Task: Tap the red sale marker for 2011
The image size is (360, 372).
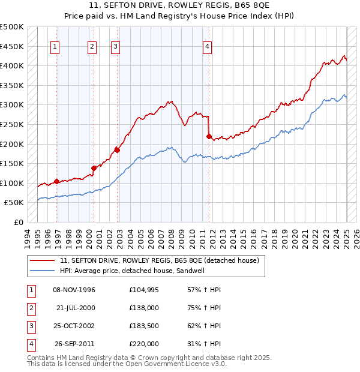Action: (x=209, y=136)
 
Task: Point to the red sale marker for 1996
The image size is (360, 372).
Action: (x=56, y=181)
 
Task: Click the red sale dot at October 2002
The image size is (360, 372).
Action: (x=117, y=150)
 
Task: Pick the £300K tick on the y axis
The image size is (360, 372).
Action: (x=12, y=105)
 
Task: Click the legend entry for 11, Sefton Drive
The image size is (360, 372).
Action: (x=159, y=260)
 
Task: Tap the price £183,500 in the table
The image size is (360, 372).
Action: (x=144, y=326)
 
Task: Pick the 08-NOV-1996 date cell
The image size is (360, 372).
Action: (x=74, y=290)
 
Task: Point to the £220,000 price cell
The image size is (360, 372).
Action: (x=144, y=344)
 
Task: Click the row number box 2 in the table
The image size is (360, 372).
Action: (x=30, y=308)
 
